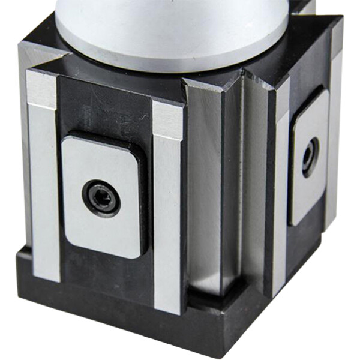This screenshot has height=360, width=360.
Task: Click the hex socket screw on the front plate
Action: [101, 199]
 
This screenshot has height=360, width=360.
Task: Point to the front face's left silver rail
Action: [43, 192]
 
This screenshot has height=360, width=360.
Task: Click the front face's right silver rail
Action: [167, 216]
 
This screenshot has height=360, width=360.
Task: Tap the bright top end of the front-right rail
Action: [167, 117]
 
